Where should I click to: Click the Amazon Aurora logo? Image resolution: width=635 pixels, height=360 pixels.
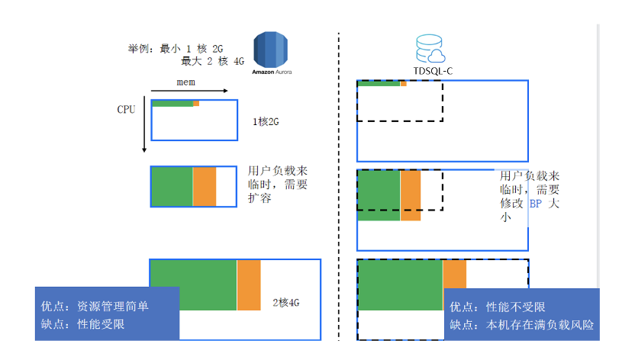pyautogui.click(x=272, y=51)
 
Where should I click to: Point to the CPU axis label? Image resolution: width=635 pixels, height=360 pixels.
pyautogui.click(x=126, y=110)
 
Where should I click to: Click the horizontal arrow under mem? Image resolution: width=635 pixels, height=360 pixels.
pyautogui.click(x=190, y=91)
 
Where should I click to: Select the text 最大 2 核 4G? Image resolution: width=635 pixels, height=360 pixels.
pyautogui.click(x=212, y=62)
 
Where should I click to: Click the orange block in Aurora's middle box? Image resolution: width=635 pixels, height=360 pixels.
pyautogui.click(x=205, y=187)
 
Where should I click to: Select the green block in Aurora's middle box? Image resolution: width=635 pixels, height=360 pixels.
pyautogui.click(x=172, y=187)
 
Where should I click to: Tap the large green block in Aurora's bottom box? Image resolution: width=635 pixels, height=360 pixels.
pyautogui.click(x=194, y=285)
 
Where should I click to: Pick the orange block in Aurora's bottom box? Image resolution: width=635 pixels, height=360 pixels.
pyautogui.click(x=249, y=285)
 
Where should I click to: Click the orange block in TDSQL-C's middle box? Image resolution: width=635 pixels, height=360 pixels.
pyautogui.click(x=411, y=195)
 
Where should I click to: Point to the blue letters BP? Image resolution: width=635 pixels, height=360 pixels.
pyautogui.click(x=539, y=204)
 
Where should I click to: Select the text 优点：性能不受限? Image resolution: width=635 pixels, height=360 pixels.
pyautogui.click(x=497, y=307)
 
